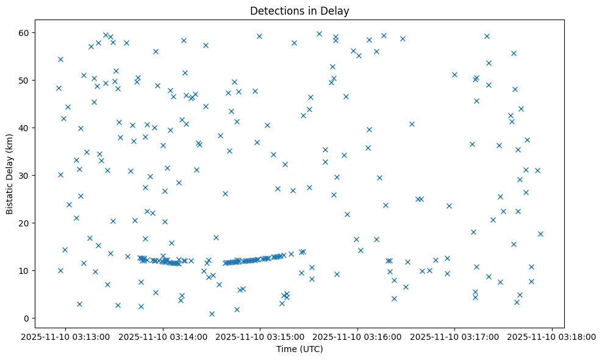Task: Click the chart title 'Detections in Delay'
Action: click(299, 10)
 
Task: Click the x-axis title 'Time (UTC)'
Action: click(299, 350)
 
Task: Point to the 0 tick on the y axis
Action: click(27, 319)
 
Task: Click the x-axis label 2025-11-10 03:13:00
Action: click(65, 336)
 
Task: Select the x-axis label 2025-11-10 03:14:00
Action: click(163, 336)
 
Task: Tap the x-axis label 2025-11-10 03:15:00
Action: click(260, 336)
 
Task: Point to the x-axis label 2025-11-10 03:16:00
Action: click(357, 336)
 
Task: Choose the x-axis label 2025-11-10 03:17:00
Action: click(455, 336)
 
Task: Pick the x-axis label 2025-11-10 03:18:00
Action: click(553, 336)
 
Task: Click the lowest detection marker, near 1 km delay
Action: click(212, 314)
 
